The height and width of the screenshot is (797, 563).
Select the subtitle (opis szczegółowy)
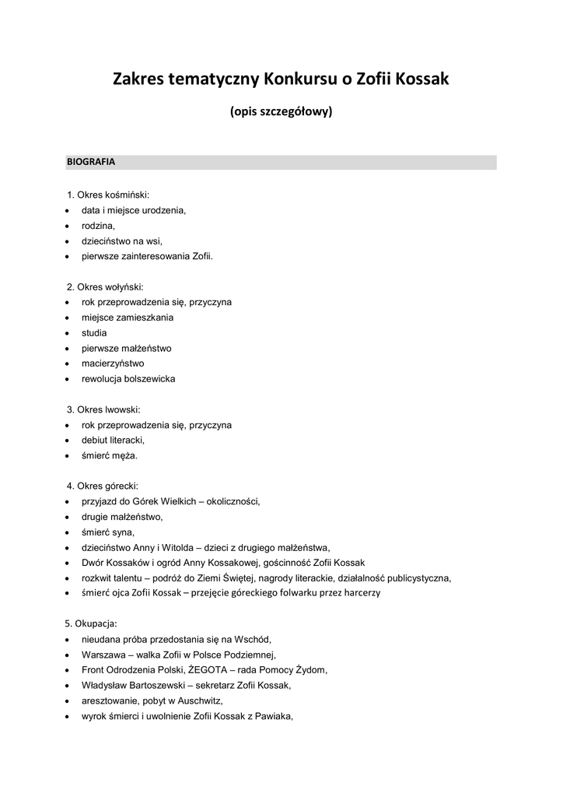tap(281, 112)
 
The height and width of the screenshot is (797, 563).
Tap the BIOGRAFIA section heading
tap(91, 163)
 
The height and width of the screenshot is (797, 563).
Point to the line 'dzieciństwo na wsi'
tap(122, 241)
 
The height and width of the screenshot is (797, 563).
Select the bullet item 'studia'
tap(94, 332)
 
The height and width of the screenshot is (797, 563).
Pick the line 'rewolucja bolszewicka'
tap(128, 379)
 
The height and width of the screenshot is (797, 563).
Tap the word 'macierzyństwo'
tap(113, 363)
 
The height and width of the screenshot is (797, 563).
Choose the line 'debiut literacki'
tap(113, 440)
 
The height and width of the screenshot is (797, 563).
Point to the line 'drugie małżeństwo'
tap(122, 517)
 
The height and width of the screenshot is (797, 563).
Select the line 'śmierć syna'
tap(107, 532)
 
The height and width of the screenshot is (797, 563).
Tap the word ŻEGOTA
tap(210, 669)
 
